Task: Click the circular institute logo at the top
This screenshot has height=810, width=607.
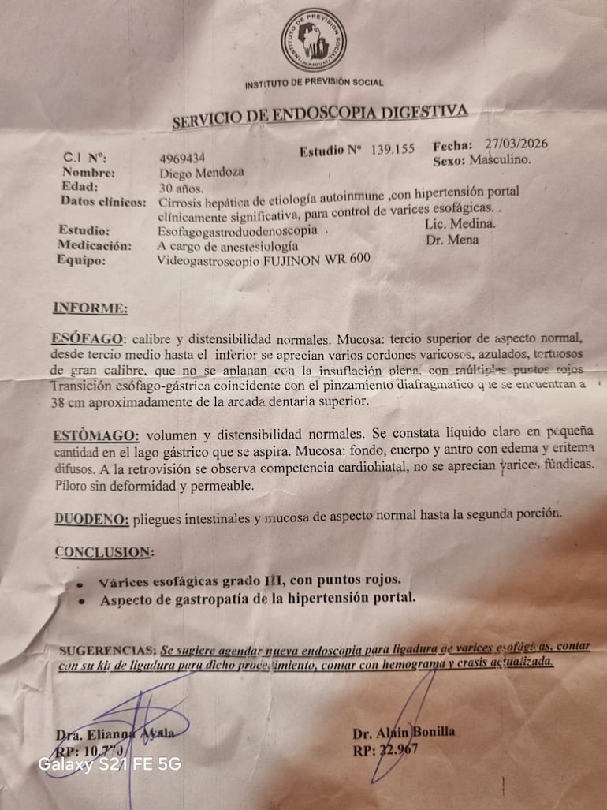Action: tap(313, 40)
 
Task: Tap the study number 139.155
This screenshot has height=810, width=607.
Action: tap(393, 149)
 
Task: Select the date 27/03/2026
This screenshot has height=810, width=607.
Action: tap(516, 144)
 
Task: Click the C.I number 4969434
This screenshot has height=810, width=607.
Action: tap(183, 159)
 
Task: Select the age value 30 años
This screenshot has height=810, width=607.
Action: tap(181, 188)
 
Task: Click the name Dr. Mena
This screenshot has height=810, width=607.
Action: tap(452, 240)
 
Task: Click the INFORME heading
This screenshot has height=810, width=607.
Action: tap(90, 308)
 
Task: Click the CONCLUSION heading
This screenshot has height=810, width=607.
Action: tap(104, 552)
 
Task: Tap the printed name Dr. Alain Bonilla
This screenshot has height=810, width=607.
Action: tap(403, 732)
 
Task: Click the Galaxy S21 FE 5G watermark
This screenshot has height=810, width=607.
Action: tap(110, 763)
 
